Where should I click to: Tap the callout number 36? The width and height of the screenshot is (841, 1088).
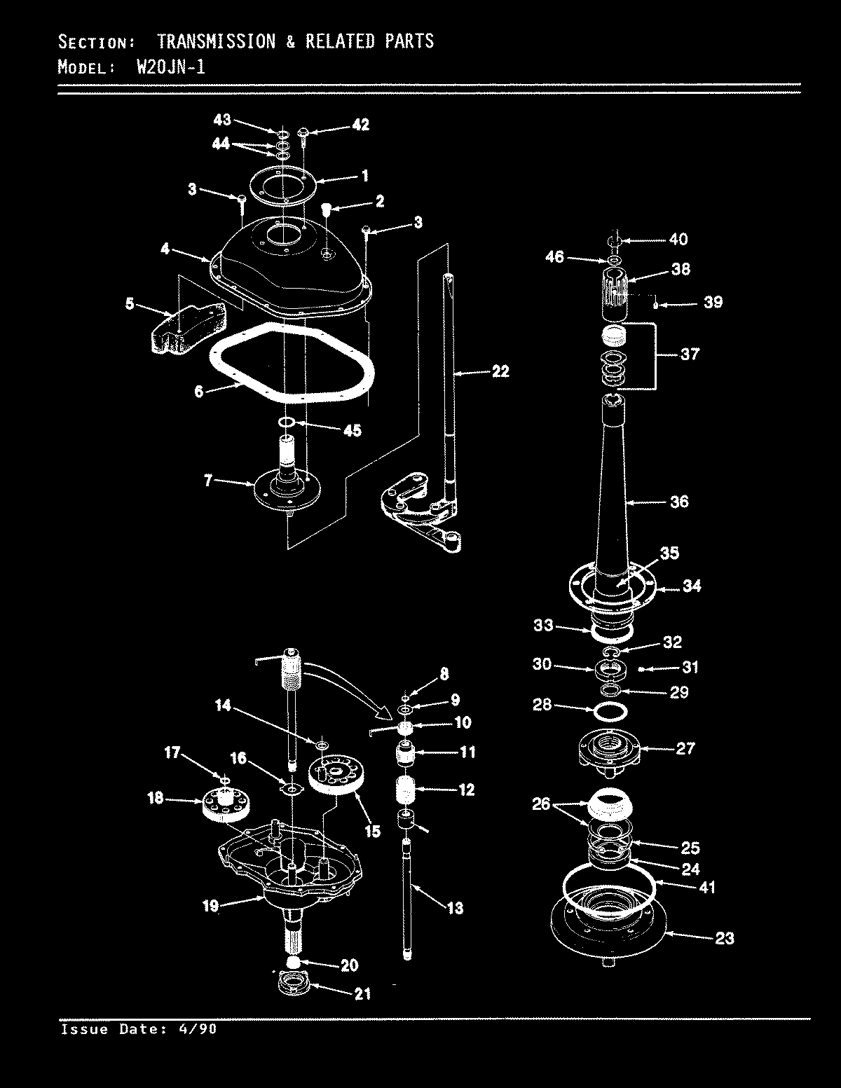click(x=678, y=501)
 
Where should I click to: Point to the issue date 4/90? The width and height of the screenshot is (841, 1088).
click(x=200, y=1028)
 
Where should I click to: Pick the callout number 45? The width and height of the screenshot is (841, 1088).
click(x=351, y=429)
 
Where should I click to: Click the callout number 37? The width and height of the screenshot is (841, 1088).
click(x=690, y=354)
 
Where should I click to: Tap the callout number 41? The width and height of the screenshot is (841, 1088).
click(x=707, y=887)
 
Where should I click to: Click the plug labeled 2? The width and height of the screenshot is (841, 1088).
click(x=326, y=208)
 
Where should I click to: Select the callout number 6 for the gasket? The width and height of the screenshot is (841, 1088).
click(x=199, y=391)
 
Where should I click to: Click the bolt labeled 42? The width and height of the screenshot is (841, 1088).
click(x=303, y=133)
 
